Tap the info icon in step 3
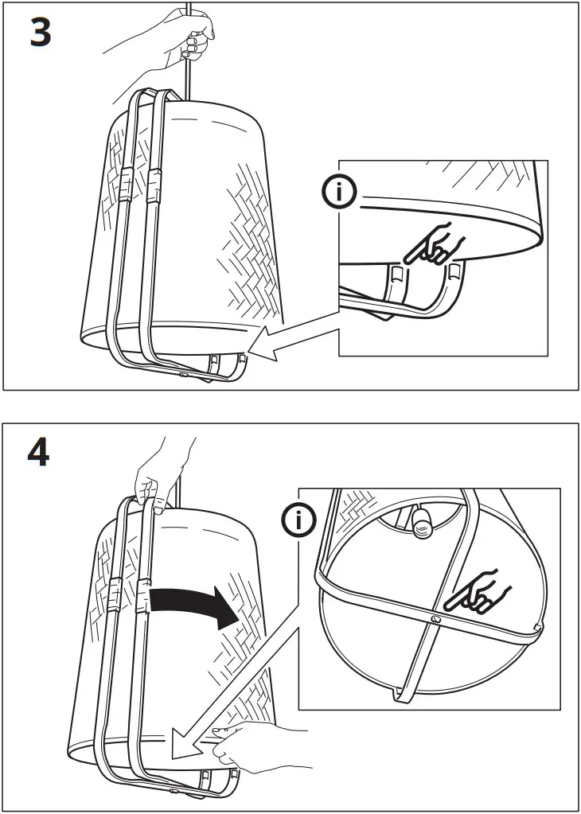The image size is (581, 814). (340, 192)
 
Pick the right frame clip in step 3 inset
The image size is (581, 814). (454, 271)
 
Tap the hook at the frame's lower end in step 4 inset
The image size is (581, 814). (396, 695)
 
